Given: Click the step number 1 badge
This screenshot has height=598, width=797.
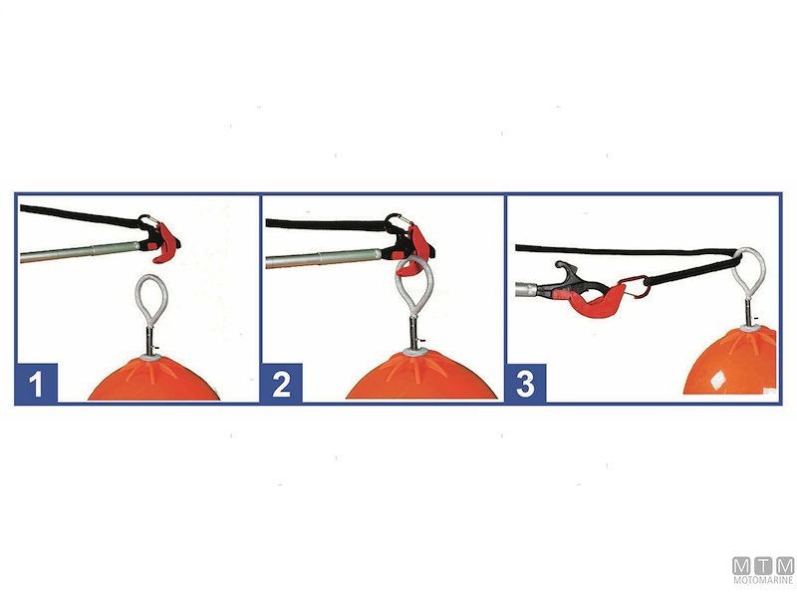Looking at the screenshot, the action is click(37, 384).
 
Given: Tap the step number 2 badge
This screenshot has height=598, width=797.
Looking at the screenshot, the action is click(282, 384).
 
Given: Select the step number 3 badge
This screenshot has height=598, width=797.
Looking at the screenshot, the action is click(526, 384).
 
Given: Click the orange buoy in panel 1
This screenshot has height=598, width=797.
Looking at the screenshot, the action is click(154, 379).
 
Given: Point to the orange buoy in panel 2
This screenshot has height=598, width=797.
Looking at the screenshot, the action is click(420, 377).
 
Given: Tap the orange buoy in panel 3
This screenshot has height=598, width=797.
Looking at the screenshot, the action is click(730, 362).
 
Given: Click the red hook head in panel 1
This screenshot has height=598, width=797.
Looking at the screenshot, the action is click(165, 244).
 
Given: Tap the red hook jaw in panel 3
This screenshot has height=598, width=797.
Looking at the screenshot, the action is click(596, 302).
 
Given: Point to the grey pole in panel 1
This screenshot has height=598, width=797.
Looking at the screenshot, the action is click(80, 252).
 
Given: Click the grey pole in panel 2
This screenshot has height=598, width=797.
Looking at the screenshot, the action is click(324, 257).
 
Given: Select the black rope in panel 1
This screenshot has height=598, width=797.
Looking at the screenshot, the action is click(81, 215).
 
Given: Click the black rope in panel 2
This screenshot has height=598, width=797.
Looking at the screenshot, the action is click(326, 224).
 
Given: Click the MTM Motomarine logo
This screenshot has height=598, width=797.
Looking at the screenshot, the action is click(763, 570).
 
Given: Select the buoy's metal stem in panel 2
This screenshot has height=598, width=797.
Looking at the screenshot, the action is click(414, 332).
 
